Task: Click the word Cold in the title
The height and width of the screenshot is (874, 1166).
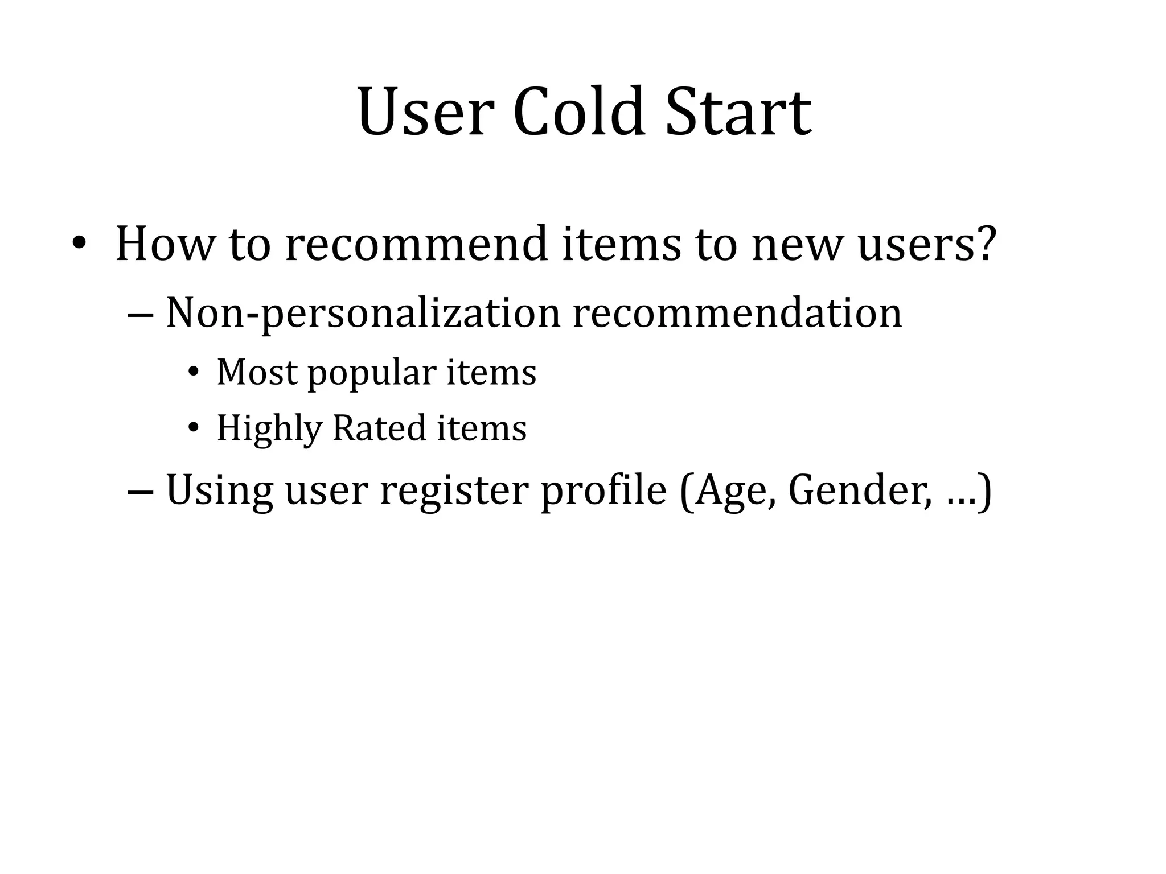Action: click(x=579, y=112)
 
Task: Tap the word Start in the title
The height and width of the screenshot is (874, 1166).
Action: click(x=738, y=112)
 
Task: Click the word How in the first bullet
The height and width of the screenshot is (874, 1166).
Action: click(x=165, y=245)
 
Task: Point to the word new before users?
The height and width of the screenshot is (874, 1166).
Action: click(x=796, y=245)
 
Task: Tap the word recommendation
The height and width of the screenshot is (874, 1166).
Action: click(x=737, y=314)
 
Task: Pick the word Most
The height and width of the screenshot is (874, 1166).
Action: click(x=257, y=373)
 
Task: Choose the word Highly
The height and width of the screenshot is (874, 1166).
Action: click(x=269, y=429)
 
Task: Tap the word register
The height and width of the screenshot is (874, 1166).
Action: click(x=454, y=490)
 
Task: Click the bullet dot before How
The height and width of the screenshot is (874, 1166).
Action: click(x=79, y=244)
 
